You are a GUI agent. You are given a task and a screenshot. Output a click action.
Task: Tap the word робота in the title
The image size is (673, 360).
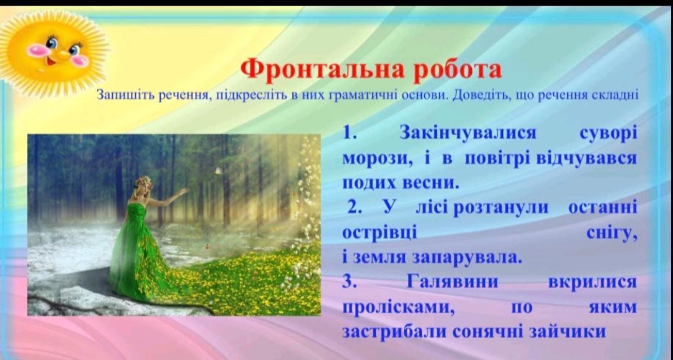click(457, 70)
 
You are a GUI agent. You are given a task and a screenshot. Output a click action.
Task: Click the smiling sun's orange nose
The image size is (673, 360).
click(63, 54)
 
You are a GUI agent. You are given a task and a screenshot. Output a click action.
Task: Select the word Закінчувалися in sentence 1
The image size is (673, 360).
click(468, 133)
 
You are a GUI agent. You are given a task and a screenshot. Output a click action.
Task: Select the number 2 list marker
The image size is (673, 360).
click(355, 207)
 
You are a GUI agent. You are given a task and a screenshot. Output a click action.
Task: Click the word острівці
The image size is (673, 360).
click(379, 233)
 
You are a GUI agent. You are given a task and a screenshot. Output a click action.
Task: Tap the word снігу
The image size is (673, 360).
click(611, 234)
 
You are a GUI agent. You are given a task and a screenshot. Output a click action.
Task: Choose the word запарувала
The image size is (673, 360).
click(467, 257)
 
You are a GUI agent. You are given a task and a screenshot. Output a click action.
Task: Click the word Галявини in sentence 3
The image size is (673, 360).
click(452, 282)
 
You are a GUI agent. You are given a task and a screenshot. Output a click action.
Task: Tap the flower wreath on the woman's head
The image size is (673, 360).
click(143, 181)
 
